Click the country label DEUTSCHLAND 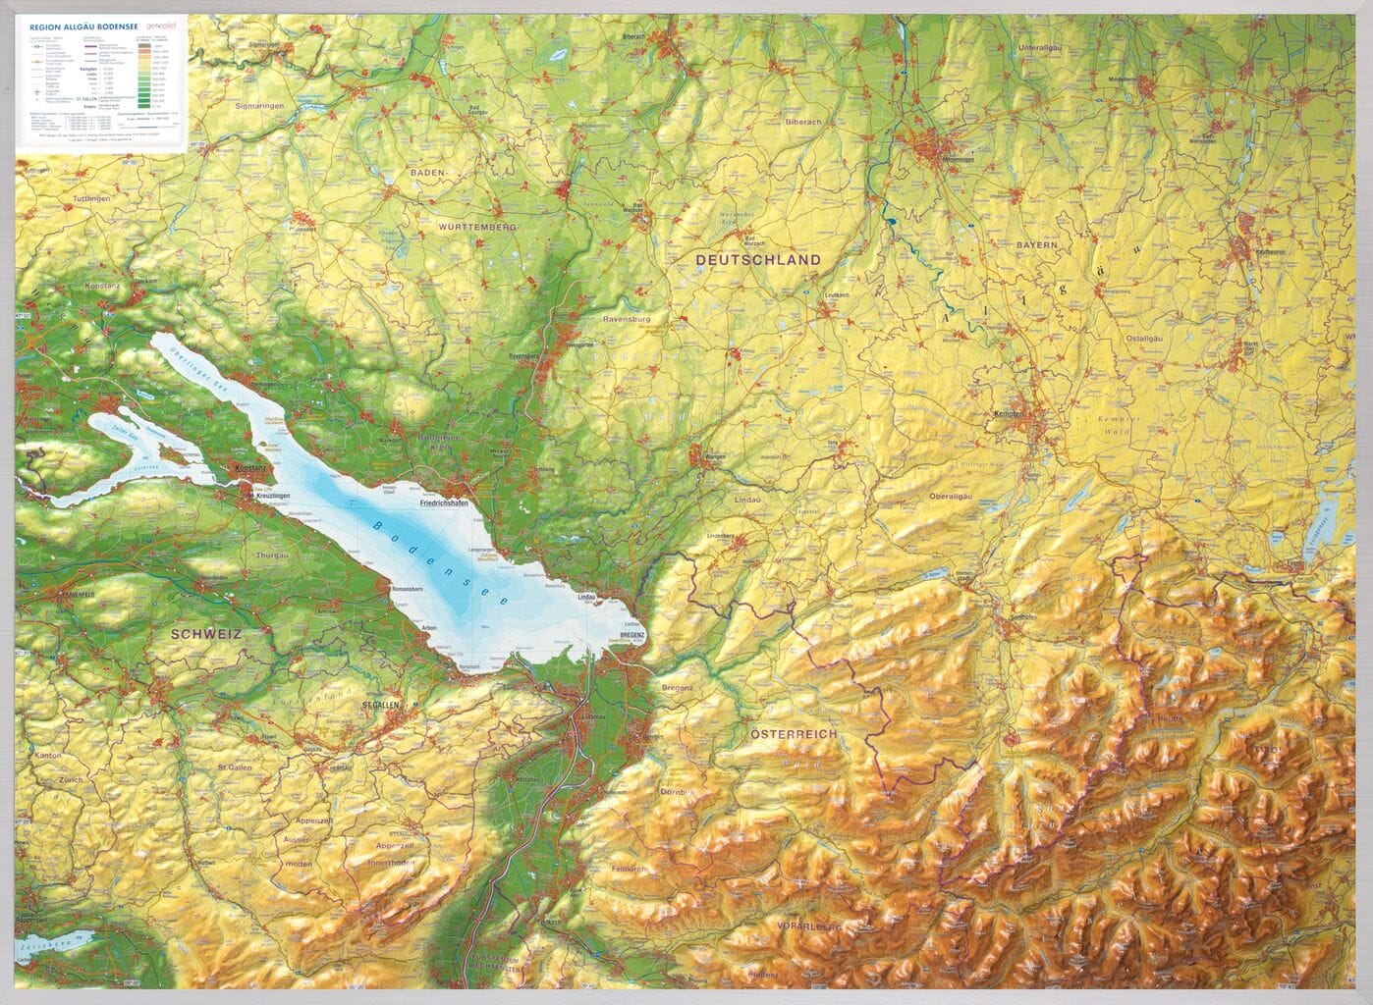(757, 260)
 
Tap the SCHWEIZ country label (206, 634)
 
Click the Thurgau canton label (270, 583)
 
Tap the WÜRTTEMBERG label (478, 227)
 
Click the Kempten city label (1009, 414)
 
